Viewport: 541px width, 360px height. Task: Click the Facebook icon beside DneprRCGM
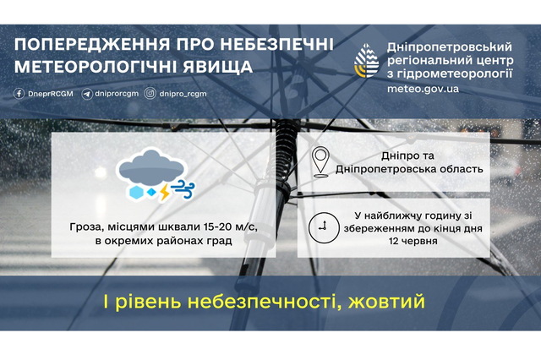(x=19, y=94)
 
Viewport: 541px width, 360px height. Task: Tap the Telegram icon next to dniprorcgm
(x=86, y=94)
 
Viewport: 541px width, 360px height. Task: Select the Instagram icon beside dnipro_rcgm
(x=150, y=94)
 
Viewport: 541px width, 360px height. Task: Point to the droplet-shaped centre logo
(x=366, y=61)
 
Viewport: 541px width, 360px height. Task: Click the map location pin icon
(x=320, y=161)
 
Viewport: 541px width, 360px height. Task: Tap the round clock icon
(x=324, y=227)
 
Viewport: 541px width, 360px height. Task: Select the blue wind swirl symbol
(x=183, y=189)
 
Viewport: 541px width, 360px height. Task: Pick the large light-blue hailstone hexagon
(x=135, y=193)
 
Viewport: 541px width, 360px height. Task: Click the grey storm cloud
(x=151, y=167)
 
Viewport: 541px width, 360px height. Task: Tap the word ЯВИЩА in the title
(x=218, y=67)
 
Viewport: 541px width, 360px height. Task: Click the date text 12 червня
(x=413, y=241)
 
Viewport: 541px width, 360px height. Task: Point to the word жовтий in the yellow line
(x=386, y=302)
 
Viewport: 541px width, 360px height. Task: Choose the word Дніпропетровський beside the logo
(x=449, y=47)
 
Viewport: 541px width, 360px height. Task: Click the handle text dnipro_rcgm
(x=183, y=94)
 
